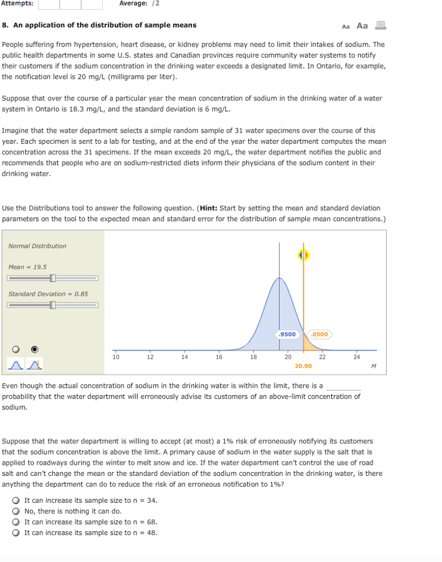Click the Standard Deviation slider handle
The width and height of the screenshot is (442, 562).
(x=53, y=305)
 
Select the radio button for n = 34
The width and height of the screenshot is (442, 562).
(x=16, y=501)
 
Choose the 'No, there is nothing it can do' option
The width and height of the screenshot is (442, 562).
(x=16, y=511)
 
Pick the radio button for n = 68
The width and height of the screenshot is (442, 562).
(x=16, y=522)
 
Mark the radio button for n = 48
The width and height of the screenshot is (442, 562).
(x=16, y=533)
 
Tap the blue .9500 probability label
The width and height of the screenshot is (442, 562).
(x=287, y=334)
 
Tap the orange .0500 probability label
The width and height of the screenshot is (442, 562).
(x=319, y=334)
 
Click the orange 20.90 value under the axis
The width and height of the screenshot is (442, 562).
(x=303, y=366)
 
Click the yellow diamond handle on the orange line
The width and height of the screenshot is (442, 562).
(x=303, y=255)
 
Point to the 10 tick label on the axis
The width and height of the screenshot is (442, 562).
(x=116, y=357)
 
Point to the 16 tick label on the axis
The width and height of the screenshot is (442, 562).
(x=219, y=357)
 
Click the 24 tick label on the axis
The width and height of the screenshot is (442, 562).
(x=356, y=357)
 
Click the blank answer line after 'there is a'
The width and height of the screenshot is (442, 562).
(x=343, y=386)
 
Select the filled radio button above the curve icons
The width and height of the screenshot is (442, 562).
(x=35, y=349)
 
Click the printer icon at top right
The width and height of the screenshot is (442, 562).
(x=381, y=25)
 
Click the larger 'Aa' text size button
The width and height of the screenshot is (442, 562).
(x=362, y=26)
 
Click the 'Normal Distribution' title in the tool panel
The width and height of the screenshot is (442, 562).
(x=37, y=246)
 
